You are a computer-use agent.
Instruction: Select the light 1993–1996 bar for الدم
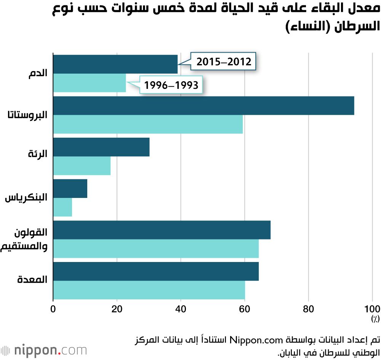coord(89,83)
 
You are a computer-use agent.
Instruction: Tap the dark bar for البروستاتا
coord(203,106)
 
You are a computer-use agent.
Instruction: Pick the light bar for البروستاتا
coord(148,124)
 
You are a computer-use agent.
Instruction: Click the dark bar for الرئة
coord(101,147)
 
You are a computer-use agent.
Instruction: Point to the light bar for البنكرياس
coord(62,207)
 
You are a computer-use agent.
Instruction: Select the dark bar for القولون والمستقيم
coord(162,230)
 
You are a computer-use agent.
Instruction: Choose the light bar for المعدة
coord(149,290)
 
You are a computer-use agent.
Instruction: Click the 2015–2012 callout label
coord(224,61)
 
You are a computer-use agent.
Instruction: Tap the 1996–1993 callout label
coord(171,85)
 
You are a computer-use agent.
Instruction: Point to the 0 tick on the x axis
coord(53,309)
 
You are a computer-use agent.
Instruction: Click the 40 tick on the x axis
coord(181,309)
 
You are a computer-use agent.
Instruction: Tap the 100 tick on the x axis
coord(372,309)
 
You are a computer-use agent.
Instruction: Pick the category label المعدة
coord(32,280)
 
